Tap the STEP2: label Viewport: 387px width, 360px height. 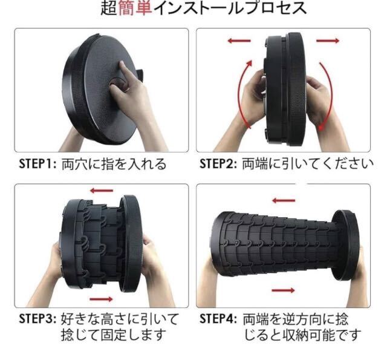point(218,163)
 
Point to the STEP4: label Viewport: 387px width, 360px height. point(218,318)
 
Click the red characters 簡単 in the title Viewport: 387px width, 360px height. point(135,8)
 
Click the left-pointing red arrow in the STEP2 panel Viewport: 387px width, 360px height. point(239,41)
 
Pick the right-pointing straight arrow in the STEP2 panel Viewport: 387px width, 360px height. point(328,41)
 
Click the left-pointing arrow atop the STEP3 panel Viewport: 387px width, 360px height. point(102,191)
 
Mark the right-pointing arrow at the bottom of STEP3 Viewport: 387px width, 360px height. point(101,299)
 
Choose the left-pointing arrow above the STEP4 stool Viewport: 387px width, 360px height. point(284,200)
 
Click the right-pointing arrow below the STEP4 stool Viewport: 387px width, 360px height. point(283,290)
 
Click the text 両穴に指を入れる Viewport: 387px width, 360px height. point(114,164)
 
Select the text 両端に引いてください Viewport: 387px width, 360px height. point(308,164)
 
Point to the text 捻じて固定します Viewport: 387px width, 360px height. point(113,335)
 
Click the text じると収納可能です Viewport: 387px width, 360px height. point(302,335)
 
